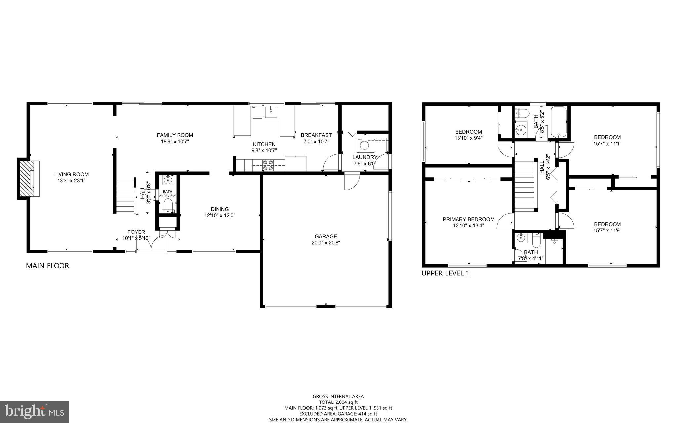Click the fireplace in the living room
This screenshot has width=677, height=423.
tap(28, 179)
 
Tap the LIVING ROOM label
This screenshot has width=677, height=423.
tap(71, 174)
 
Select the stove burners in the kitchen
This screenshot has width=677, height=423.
tap(268, 165)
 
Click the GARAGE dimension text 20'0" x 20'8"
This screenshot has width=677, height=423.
tap(326, 243)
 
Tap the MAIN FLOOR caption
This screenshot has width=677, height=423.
tap(48, 266)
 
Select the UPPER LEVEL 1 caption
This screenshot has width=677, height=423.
tap(445, 273)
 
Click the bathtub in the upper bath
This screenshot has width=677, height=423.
tap(559, 121)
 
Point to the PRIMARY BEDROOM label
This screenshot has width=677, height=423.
tap(468, 219)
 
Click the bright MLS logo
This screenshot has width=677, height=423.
tap(34, 411)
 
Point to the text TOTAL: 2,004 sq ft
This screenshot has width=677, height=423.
tap(338, 402)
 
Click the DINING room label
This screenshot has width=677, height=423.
tap(220, 209)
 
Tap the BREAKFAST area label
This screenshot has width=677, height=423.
tap(316, 135)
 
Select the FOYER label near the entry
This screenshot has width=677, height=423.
tap(136, 232)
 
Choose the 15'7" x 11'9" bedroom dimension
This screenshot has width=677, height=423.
tap(607, 231)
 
